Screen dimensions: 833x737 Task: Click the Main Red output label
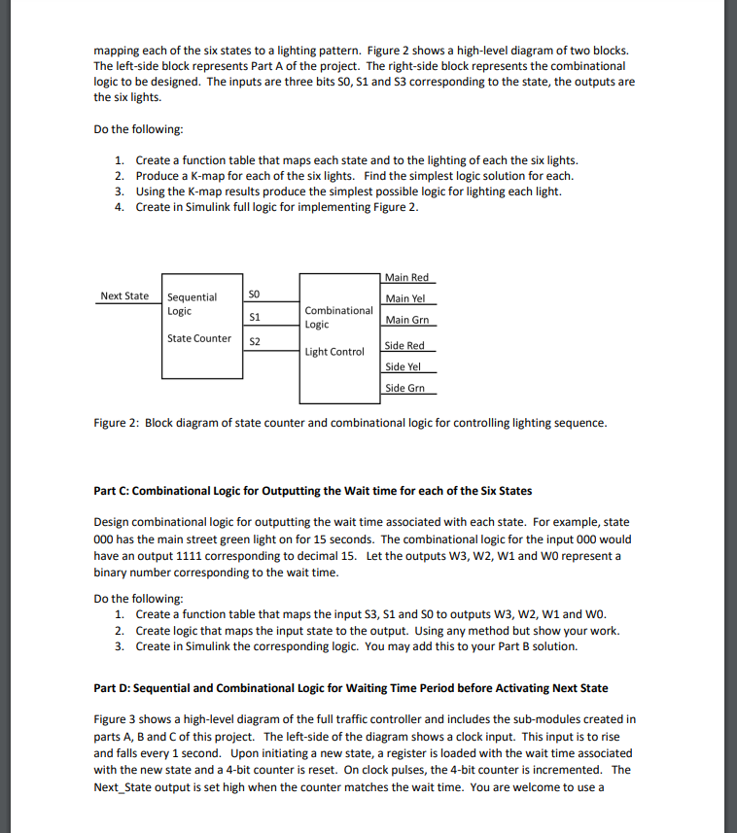point(406,278)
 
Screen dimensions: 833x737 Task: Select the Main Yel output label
point(405,298)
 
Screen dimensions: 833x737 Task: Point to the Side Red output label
point(404,345)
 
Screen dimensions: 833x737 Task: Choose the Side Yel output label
point(404,366)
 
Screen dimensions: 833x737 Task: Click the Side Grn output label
point(404,388)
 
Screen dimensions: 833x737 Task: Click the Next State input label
point(124,295)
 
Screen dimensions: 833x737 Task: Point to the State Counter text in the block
point(199,338)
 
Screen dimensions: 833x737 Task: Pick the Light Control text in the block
point(334,352)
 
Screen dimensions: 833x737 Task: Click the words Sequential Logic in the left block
point(192,304)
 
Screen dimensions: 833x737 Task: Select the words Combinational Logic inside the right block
point(338,317)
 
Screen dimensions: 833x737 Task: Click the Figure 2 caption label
point(117,423)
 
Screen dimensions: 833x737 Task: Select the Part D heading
point(350,687)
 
